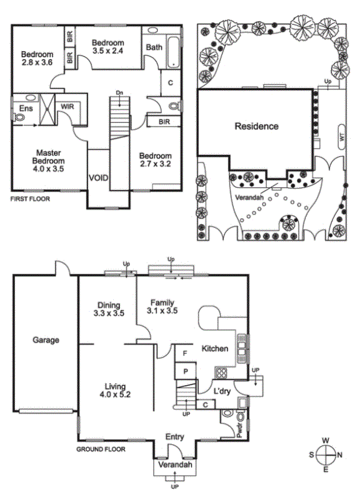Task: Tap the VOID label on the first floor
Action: pos(99,178)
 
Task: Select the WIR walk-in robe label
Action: pos(67,106)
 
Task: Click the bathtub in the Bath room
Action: pos(173,52)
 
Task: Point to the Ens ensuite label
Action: pos(26,108)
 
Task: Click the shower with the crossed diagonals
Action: pos(47,109)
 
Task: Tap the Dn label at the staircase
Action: pos(119,93)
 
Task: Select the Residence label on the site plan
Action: pos(257,126)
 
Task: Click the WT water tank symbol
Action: pos(342,137)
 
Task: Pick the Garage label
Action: pos(46,340)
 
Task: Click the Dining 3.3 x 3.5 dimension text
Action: pos(109,313)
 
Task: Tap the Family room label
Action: pos(162,302)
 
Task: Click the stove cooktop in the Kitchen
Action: pos(221,373)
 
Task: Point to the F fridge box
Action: pos(185,353)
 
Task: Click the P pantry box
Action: pos(185,371)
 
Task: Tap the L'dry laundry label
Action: pos(222,391)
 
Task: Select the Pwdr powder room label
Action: pos(239,430)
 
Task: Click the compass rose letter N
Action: pos(339,455)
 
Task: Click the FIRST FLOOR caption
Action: pos(30,199)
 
